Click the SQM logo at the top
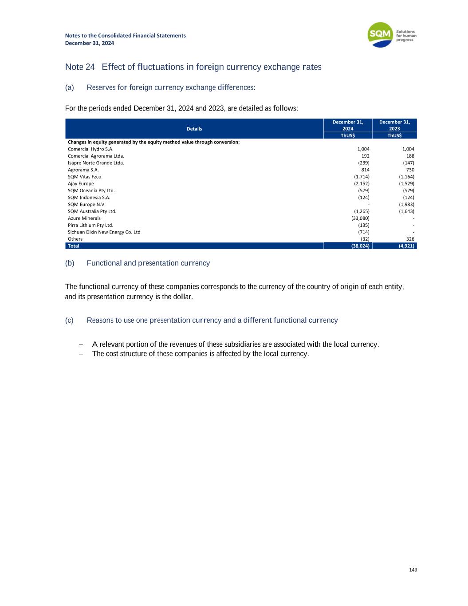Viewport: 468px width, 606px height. [381, 35]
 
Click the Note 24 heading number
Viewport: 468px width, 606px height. [80, 67]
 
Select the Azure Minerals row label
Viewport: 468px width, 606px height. [84, 218]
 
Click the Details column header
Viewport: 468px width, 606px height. [194, 129]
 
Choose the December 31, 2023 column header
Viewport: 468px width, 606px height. [394, 125]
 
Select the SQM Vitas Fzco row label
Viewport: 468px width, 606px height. [84, 177]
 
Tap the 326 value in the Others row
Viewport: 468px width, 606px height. [410, 239]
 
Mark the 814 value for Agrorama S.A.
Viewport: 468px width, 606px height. [365, 170]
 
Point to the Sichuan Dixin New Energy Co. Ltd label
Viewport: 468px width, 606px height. [104, 232]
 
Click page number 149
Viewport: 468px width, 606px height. [413, 570]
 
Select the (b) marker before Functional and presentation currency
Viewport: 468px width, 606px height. [70, 263]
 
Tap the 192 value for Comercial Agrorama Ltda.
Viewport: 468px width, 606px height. [365, 156]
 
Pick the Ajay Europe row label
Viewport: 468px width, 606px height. [81, 184]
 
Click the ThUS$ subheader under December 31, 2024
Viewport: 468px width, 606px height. [348, 136]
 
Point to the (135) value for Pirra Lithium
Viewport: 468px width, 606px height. [363, 225]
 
